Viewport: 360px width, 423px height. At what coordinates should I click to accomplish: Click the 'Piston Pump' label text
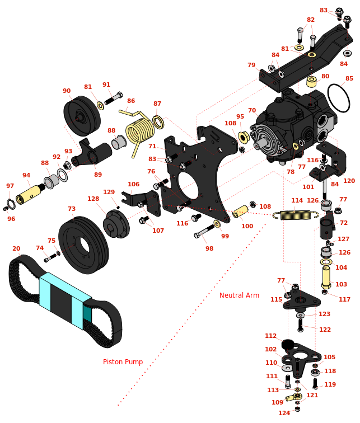click(x=123, y=362)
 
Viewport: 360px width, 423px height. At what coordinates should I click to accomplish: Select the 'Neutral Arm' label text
click(x=239, y=295)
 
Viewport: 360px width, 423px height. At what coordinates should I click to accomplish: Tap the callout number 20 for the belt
click(x=16, y=249)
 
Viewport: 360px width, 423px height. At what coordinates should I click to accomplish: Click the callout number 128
click(x=93, y=199)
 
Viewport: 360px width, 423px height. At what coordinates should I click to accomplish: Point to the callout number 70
click(x=252, y=111)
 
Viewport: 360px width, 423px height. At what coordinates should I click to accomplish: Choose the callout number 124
click(x=284, y=413)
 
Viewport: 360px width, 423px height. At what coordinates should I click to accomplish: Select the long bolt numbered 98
click(x=204, y=231)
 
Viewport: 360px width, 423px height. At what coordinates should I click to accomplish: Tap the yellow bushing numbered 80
click(x=311, y=82)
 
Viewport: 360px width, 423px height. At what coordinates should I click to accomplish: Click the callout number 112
click(x=271, y=336)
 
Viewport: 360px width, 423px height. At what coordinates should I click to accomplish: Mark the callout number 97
click(x=10, y=186)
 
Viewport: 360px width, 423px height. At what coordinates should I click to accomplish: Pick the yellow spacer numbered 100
click(x=241, y=211)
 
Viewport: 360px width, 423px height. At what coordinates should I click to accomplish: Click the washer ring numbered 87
click(x=158, y=122)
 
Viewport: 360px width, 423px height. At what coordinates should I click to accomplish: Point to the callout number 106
click(x=133, y=184)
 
